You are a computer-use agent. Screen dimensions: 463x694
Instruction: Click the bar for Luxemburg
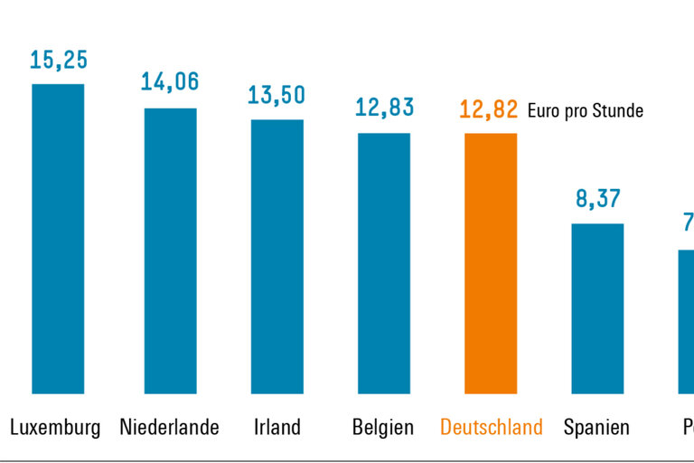58,239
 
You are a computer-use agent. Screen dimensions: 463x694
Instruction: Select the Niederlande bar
170,250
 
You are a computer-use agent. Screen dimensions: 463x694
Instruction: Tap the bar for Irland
277,256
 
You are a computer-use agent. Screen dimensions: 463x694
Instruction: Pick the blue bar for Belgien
384,263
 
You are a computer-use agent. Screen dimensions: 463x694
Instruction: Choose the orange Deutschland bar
491,263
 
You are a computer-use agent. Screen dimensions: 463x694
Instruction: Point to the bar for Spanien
597,308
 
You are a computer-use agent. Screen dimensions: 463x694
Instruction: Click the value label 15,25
58,61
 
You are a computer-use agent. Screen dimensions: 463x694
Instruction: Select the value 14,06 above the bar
170,82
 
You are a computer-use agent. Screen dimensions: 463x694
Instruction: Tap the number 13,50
277,95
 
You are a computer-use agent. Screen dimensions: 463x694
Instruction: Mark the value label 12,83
384,108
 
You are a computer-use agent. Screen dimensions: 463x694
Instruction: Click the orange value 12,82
489,110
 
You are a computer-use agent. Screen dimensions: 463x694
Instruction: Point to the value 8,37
597,199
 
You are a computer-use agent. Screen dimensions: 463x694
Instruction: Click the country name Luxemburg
55,428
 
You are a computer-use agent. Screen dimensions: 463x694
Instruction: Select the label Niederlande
169,428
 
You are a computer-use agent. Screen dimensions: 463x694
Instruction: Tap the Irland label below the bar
277,428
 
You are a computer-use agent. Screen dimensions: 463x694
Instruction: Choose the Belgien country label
384,428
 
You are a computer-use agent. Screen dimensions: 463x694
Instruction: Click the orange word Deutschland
492,428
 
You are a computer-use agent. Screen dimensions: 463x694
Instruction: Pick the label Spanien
596,428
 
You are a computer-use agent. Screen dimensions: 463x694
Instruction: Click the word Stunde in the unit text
620,111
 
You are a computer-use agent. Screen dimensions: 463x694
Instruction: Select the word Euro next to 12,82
543,111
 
